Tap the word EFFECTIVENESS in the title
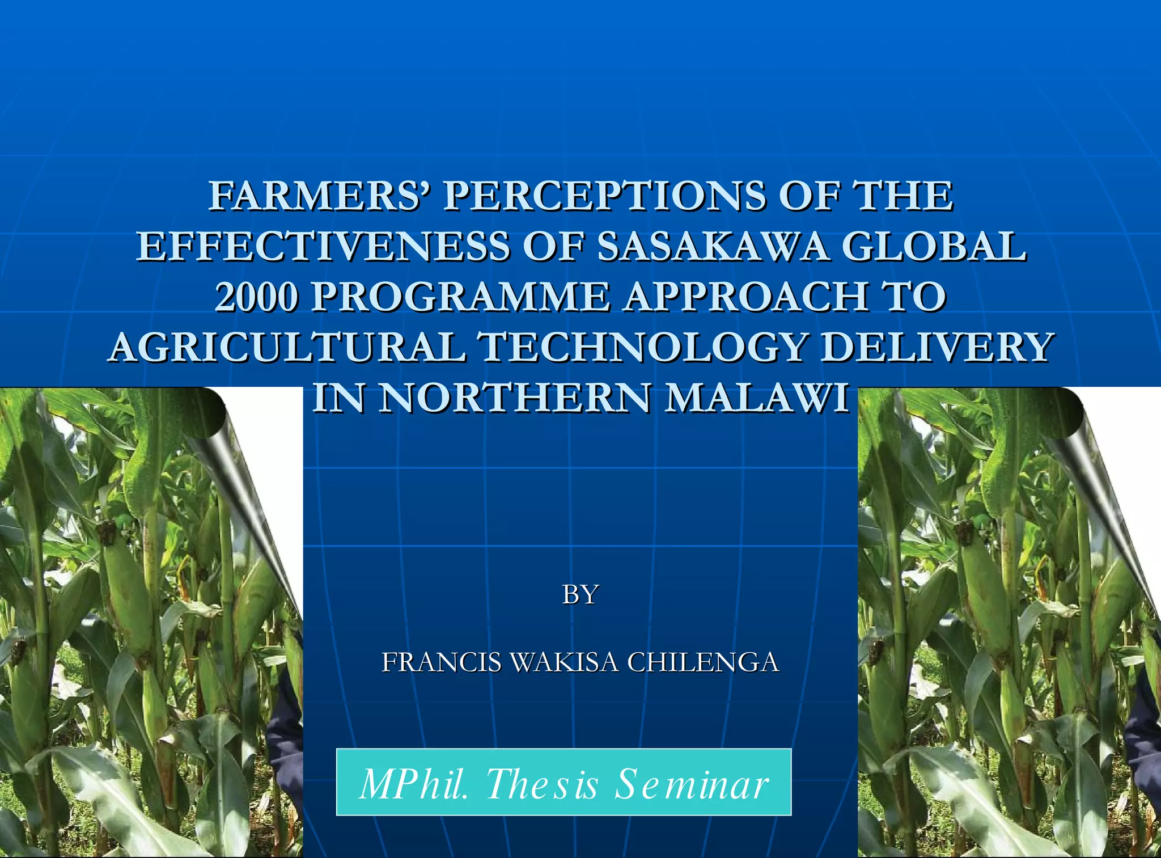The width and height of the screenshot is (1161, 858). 323,247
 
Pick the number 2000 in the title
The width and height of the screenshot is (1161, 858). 256,297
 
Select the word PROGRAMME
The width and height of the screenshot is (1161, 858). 460,297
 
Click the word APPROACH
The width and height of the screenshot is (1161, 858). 745,297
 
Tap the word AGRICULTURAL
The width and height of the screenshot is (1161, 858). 287,347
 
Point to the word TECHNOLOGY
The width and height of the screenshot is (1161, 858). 643,347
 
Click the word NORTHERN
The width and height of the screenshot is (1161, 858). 515,398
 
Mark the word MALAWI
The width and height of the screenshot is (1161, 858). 757,398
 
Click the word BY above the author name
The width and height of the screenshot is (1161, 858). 580,595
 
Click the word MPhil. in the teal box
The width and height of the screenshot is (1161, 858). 414,784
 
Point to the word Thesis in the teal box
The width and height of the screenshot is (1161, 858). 543,784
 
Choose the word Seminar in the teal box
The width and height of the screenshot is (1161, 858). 692,784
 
